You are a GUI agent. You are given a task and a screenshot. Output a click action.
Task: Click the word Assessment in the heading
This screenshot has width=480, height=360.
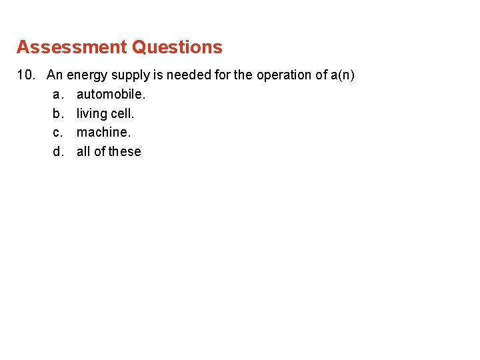pos(71,47)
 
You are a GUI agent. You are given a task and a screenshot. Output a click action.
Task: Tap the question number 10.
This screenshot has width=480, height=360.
pos(27,75)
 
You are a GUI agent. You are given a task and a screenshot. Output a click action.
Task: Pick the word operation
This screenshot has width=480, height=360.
pos(283,75)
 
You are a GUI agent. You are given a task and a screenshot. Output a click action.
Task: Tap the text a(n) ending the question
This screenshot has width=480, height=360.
pos(342,75)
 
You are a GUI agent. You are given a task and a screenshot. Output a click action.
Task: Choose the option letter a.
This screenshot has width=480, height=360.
pos(57,95)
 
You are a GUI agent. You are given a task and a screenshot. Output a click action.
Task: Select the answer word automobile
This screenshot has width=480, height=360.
pos(111,95)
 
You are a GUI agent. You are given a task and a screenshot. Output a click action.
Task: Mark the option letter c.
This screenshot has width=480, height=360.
pos(57,133)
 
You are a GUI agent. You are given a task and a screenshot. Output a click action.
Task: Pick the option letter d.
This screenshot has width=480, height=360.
pos(57,152)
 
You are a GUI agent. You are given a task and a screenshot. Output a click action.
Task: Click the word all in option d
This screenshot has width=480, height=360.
pos(83,152)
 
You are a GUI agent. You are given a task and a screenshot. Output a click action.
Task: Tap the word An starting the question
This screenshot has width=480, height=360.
pos(55,75)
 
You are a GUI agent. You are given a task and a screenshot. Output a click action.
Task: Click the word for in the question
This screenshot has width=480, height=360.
pos(223,75)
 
